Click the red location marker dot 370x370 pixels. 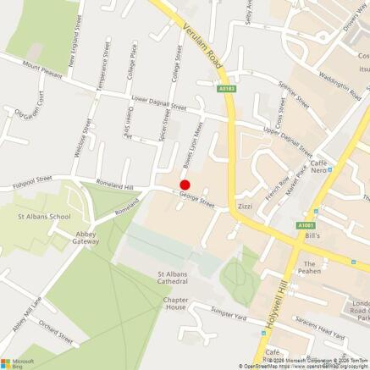pos(185,185)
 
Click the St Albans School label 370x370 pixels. pos(44,217)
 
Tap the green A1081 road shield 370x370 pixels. pos(306,225)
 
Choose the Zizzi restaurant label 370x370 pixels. pos(246,206)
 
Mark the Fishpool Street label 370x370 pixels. pos(32,179)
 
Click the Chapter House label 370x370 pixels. pos(175,303)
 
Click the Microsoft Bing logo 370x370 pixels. pos(19,362)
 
